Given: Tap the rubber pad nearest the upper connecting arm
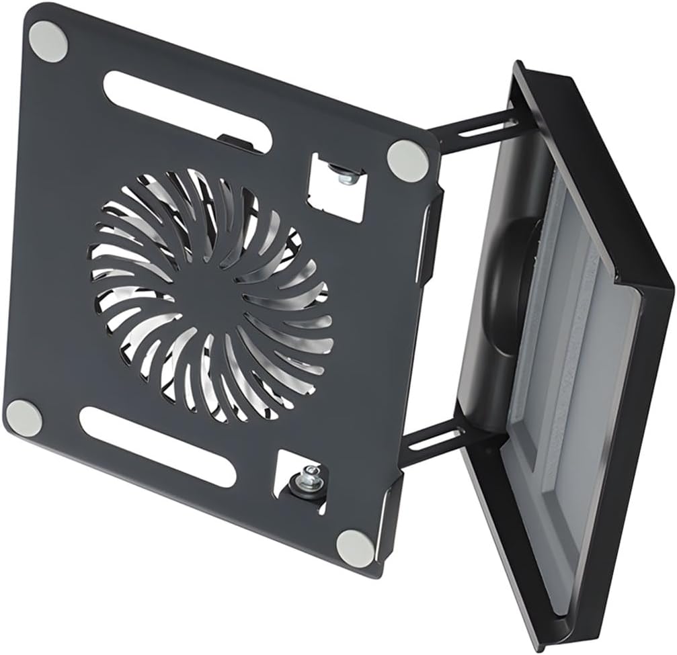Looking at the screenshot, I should [409, 159].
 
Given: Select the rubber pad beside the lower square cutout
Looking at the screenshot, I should [356, 548].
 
